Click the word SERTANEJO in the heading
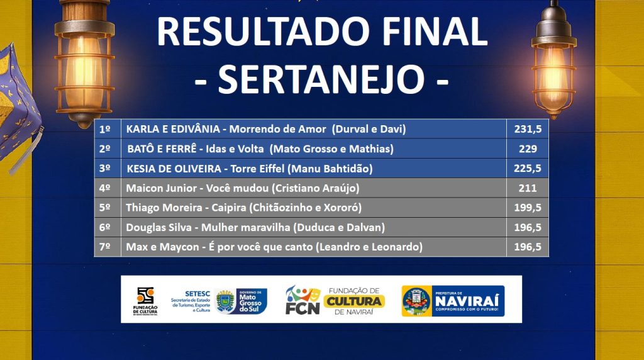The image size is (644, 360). pos(321,79)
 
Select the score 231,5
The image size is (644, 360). pos(528,129)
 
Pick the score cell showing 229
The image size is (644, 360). pos(528,149)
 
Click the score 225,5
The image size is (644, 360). pos(528,169)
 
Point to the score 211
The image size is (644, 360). pos(528,188)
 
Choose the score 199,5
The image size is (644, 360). pos(528,208)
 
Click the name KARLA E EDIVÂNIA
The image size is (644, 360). pos(173,129)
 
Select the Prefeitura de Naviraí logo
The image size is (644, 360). pos(453,301)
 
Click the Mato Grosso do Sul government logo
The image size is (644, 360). pos(241,301)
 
